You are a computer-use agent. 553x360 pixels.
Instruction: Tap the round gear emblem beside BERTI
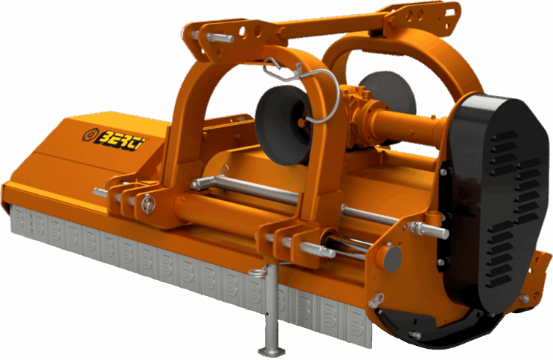[x=90, y=135]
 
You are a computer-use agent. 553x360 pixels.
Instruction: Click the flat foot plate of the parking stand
[x=272, y=351]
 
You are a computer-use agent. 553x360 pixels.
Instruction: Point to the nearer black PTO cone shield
[x=283, y=126]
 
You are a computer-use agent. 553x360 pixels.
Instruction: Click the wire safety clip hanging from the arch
[x=300, y=89]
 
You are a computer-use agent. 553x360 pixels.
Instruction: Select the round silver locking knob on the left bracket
[x=148, y=204]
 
